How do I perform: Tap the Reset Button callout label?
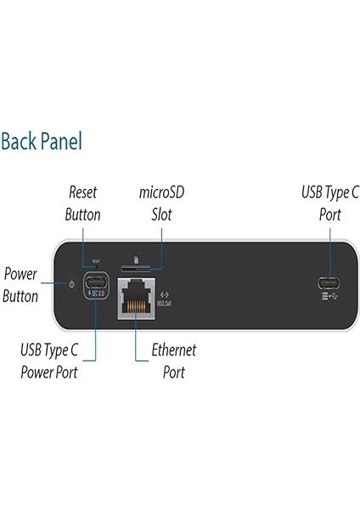[84, 204]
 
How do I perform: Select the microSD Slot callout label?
[161, 204]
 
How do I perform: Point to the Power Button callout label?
[20, 285]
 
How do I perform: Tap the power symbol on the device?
[71, 283]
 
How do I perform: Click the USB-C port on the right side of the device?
[324, 282]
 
